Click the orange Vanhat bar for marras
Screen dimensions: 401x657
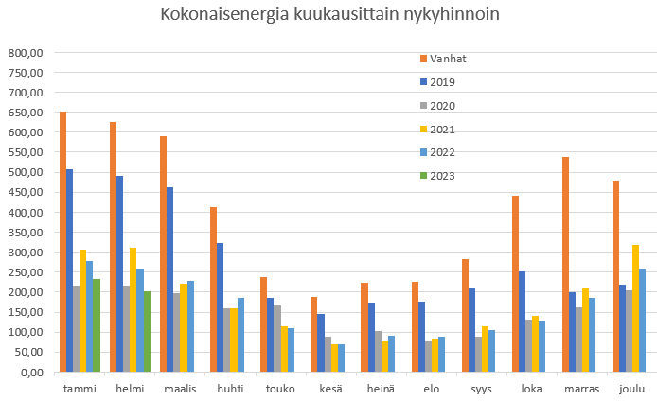click(x=566, y=265)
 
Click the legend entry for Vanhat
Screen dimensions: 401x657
click(x=447, y=59)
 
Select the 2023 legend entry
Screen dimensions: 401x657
click(x=441, y=175)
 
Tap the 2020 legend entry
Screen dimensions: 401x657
click(x=441, y=105)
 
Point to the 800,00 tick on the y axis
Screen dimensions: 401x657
click(x=25, y=53)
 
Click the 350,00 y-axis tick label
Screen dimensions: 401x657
click(x=25, y=233)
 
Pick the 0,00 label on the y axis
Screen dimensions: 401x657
click(x=31, y=373)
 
